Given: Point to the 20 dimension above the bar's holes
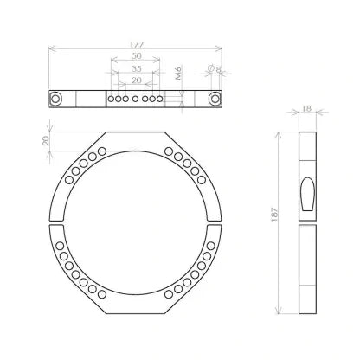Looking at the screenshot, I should tap(135, 80).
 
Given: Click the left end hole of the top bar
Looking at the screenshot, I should tap(56, 99).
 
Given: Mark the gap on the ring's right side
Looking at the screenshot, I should tap(216, 222).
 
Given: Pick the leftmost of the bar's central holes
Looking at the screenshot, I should tap(109, 100).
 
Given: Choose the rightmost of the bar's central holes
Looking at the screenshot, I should tap(161, 100).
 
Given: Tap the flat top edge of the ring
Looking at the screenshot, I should tap(135, 132).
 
